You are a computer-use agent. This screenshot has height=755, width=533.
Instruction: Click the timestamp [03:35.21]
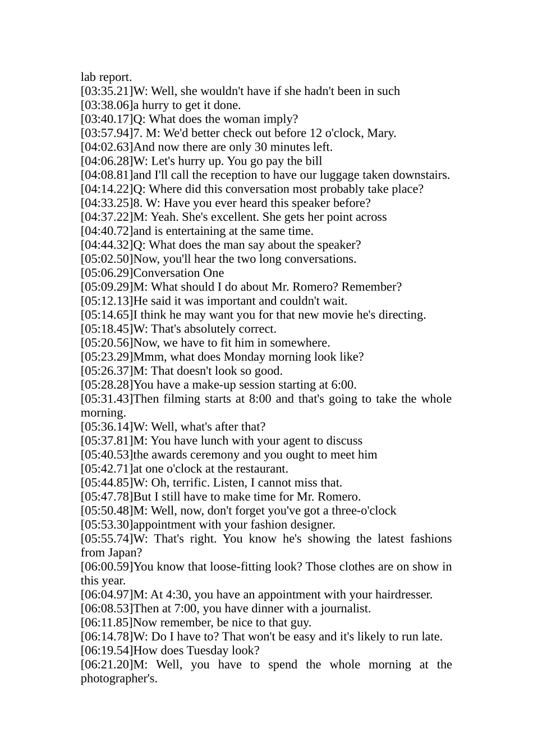click(107, 91)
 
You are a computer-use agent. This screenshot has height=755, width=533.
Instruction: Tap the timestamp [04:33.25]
click(107, 203)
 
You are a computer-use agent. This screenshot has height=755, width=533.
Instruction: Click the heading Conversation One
click(178, 273)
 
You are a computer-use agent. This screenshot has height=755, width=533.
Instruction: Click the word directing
click(403, 315)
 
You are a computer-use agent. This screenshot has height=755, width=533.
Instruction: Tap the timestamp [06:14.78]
click(107, 637)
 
